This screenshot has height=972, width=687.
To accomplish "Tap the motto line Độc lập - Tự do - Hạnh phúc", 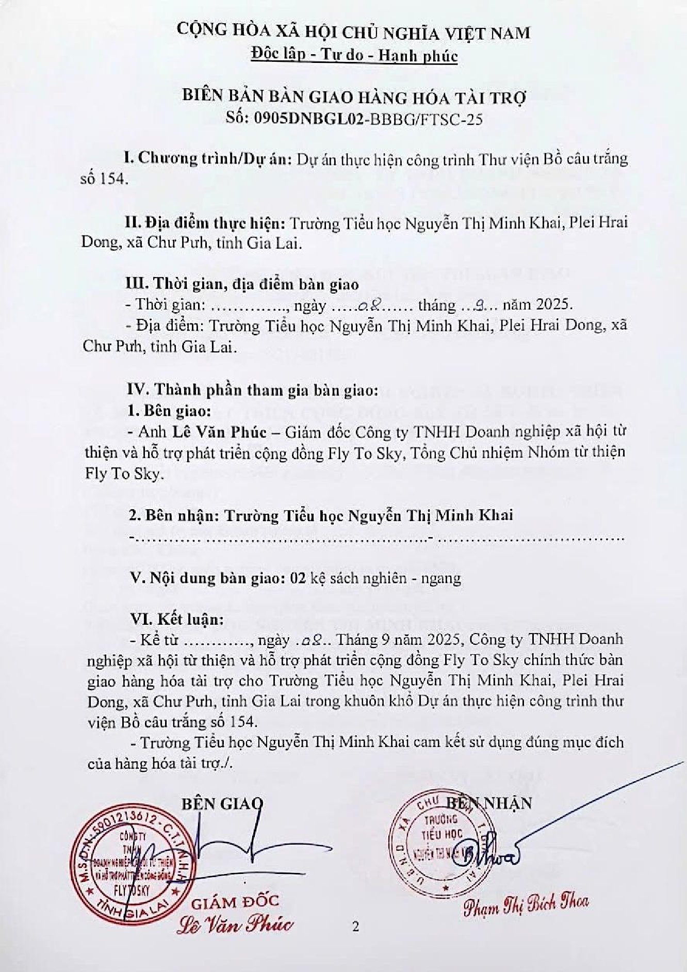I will (354, 55).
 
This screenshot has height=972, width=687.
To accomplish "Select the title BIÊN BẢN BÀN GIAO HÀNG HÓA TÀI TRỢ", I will (354, 97).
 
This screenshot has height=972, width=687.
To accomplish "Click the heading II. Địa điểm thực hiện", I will (206, 223).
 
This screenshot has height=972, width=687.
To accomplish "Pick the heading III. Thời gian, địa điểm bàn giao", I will (242, 284).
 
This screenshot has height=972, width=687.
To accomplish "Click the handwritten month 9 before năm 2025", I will (479, 305).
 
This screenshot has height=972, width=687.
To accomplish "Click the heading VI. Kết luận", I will (175, 619).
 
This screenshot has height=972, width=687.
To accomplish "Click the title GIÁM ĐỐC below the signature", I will (235, 901).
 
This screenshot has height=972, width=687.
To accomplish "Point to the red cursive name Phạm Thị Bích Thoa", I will (525, 903).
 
